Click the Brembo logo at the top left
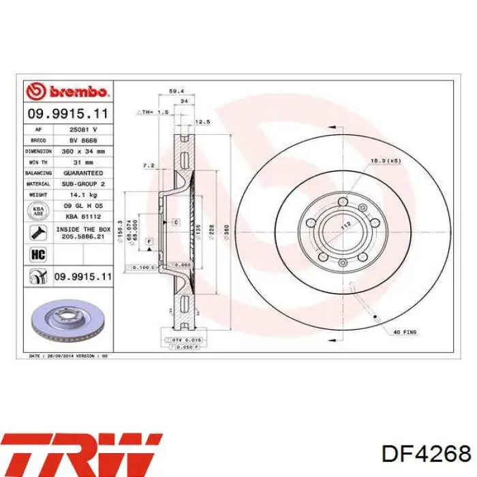(x=67, y=91)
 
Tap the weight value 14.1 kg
(x=83, y=195)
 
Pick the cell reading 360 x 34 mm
(x=83, y=151)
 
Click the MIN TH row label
(x=38, y=161)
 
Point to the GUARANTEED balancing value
(x=83, y=173)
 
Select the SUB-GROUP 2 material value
(x=83, y=184)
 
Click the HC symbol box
(x=37, y=254)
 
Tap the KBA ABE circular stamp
(x=37, y=211)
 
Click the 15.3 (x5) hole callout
(x=384, y=160)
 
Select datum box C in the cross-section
(x=175, y=222)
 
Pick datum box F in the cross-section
(x=149, y=242)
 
